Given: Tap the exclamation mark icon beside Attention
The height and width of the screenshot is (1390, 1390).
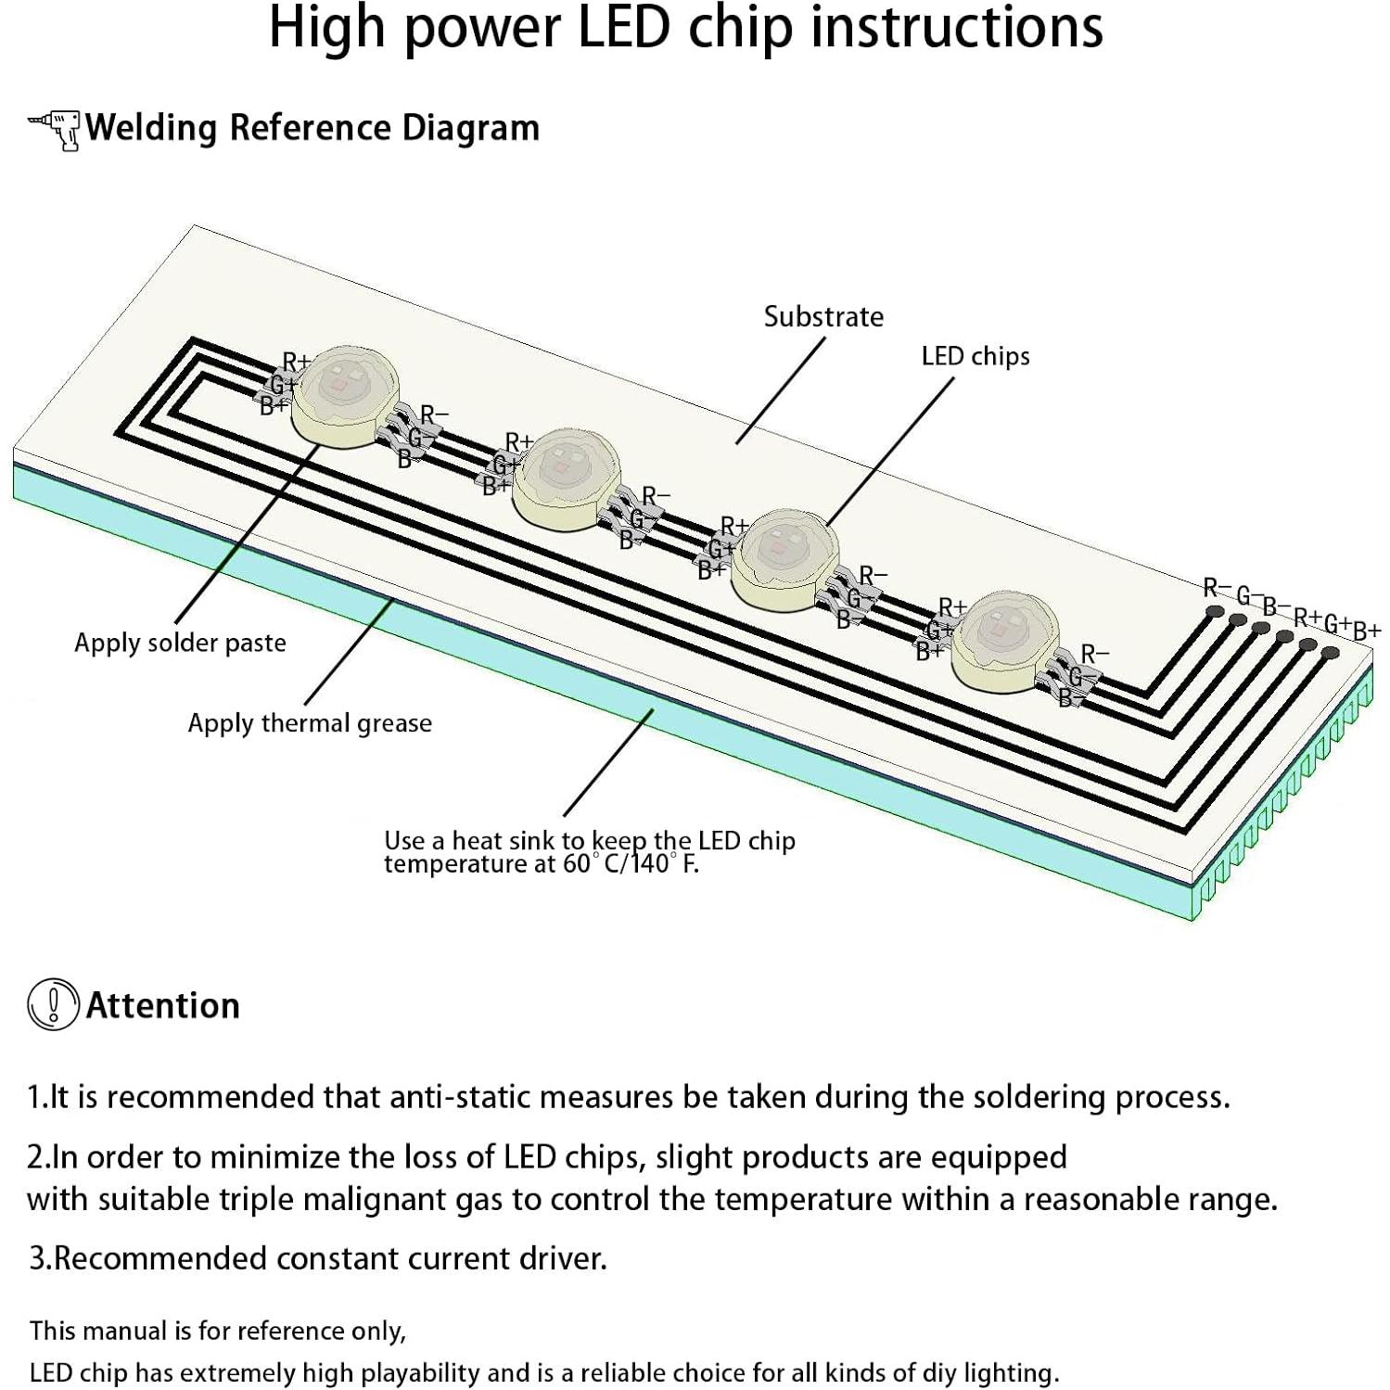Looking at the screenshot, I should pos(53,1004).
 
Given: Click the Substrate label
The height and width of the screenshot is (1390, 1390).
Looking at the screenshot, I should pos(823,317).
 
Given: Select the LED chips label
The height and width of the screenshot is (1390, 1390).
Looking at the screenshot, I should pos(975,356).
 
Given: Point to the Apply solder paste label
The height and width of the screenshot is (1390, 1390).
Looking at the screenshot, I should pos(180,643).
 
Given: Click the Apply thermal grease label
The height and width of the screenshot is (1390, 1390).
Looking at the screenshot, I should pos(310,723).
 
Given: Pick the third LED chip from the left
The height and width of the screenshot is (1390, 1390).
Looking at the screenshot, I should pos(784,556).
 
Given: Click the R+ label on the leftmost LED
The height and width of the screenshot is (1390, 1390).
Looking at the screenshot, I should pos(297,361).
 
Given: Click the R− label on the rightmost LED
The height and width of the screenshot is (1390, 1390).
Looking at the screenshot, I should pos(1095,654).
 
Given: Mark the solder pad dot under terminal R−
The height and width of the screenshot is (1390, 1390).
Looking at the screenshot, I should pos(1213,612).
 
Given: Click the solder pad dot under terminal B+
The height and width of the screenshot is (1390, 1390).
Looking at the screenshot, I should pos(1331,654).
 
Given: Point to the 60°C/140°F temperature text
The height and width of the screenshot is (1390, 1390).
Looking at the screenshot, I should pos(631,864).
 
